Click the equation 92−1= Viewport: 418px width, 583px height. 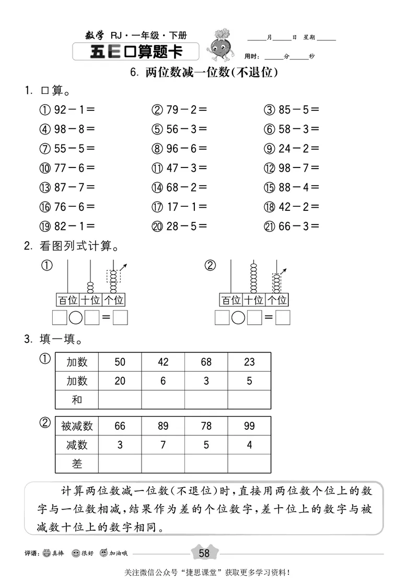pos(74,110)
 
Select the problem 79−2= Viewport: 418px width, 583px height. pos(186,110)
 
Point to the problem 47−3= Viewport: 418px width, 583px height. pos(186,168)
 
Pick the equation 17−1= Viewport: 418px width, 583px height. pos(186,207)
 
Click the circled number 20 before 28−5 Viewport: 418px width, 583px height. pos(157,226)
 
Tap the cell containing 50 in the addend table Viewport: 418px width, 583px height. pos(120,362)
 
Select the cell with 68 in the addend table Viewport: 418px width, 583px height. pos(206,362)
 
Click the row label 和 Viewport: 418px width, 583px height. pos(77,400)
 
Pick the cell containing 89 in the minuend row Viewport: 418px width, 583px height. pos(162,426)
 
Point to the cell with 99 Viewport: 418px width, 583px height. pos(249,426)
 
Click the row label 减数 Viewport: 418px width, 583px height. pos(77,445)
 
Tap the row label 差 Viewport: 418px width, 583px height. pos(77,464)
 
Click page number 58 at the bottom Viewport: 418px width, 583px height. pos(204,553)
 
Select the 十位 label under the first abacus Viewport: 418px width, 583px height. pos(90,300)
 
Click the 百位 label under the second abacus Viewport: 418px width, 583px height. pos(230,300)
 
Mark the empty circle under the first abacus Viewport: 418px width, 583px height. pos(76,318)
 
